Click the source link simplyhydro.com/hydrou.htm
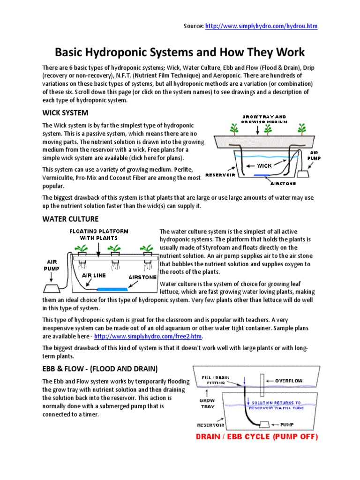point(262,26)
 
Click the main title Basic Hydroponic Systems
point(180,52)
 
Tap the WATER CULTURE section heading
point(70,218)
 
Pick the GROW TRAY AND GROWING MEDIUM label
point(263,119)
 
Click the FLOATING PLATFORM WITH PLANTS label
point(98,234)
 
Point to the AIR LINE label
point(94,276)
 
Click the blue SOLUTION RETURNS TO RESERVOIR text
point(283,405)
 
